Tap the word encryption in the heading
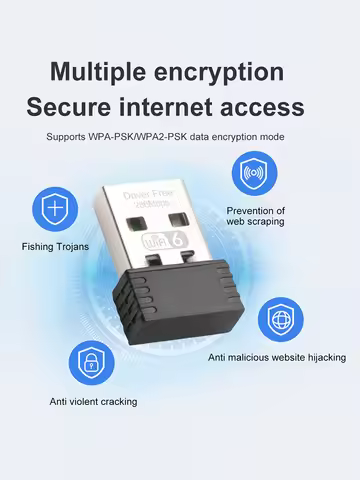click(x=223, y=72)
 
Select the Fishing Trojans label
click(x=56, y=245)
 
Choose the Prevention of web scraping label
click(x=256, y=215)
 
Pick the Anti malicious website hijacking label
click(x=277, y=356)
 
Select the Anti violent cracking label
click(x=94, y=401)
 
